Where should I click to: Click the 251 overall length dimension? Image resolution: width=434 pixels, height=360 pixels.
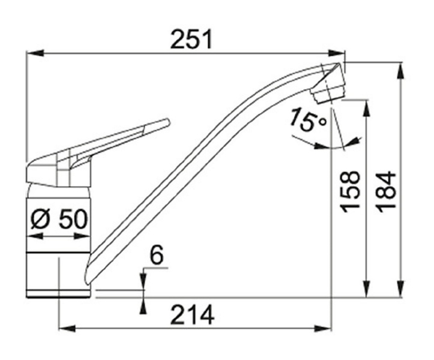[191, 39]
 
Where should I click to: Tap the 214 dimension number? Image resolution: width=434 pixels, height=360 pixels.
[192, 315]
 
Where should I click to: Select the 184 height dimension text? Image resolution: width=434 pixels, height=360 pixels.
[387, 192]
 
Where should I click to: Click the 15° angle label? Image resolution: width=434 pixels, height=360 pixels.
[308, 119]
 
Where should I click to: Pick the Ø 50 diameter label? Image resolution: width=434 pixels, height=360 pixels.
[59, 218]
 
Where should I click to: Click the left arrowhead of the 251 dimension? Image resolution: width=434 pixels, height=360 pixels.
[35, 53]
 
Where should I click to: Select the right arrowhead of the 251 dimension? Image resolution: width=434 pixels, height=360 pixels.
[336, 53]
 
